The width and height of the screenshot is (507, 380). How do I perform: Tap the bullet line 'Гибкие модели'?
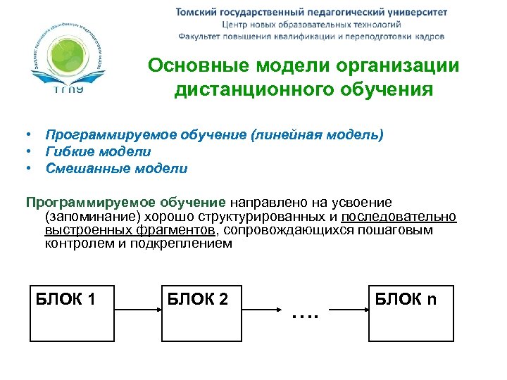(98, 151)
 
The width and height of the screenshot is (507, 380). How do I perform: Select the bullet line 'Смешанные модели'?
(116, 168)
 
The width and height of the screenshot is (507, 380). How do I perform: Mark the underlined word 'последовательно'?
(399, 216)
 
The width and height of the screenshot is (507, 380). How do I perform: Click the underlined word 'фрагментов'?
(182, 230)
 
